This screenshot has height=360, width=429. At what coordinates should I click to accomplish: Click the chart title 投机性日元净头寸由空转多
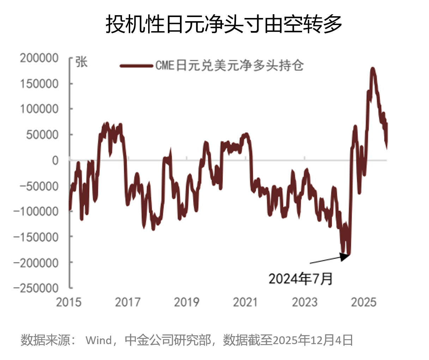[x=224, y=24]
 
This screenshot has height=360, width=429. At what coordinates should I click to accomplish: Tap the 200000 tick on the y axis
[x=39, y=58]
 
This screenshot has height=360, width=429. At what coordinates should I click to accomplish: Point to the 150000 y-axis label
[x=39, y=84]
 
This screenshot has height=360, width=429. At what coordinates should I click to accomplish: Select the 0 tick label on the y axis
[x=55, y=161]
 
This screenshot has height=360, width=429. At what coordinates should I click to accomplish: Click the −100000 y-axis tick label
[x=36, y=211]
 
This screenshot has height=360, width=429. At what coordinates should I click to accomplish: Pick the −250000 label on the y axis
[x=36, y=288]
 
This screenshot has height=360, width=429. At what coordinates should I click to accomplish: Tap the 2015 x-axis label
[x=69, y=302]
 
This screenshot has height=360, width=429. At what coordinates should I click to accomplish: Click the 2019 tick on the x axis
[x=187, y=302]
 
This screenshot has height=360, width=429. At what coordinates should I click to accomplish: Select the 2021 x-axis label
[x=246, y=302]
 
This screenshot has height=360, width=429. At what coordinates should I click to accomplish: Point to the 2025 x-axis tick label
[x=364, y=302]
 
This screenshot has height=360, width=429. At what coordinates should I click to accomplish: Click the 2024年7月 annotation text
[x=301, y=279]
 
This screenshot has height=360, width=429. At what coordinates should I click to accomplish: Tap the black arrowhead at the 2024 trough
[x=345, y=257]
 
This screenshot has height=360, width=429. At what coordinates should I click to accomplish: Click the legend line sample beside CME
[x=137, y=66]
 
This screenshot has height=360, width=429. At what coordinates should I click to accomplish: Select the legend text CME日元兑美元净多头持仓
[x=229, y=66]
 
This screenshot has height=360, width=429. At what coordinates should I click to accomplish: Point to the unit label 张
[x=81, y=62]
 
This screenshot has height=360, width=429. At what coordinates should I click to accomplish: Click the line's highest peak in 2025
[x=373, y=69]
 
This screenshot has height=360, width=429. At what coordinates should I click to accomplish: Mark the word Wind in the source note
[x=99, y=340]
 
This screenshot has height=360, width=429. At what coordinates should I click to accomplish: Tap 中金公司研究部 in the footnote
[x=168, y=340]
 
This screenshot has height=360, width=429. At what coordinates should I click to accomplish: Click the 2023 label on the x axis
[x=304, y=302]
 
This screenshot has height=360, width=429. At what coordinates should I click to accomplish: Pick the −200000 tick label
[x=36, y=263]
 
